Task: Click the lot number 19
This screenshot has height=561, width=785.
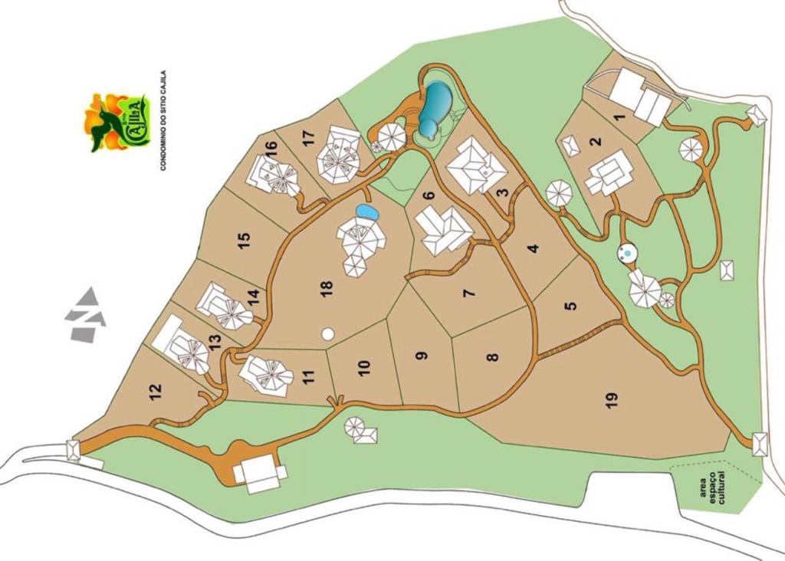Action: pyautogui.click(x=611, y=400)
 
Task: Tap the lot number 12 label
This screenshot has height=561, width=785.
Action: pyautogui.click(x=156, y=392)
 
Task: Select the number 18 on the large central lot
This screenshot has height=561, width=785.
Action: pyautogui.click(x=327, y=289)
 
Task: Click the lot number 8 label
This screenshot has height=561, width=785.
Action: pyautogui.click(x=492, y=356)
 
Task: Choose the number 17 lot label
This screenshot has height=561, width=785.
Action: pyautogui.click(x=308, y=139)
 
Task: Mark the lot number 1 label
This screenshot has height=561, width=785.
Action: pyautogui.click(x=620, y=117)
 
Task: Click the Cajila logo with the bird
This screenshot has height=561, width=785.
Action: pyautogui.click(x=115, y=121)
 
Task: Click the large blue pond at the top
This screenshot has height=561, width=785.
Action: pyautogui.click(x=434, y=106)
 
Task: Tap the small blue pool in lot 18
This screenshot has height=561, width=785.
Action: pyautogui.click(x=367, y=211)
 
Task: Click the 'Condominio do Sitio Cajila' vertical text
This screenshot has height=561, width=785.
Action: pyautogui.click(x=163, y=120)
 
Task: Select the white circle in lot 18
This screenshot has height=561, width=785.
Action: pyautogui.click(x=328, y=334)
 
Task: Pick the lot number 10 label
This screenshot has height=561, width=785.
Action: pyautogui.click(x=363, y=367)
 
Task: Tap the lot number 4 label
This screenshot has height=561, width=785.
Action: pyautogui.click(x=533, y=248)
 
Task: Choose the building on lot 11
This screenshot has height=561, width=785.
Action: pyautogui.click(x=266, y=376)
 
